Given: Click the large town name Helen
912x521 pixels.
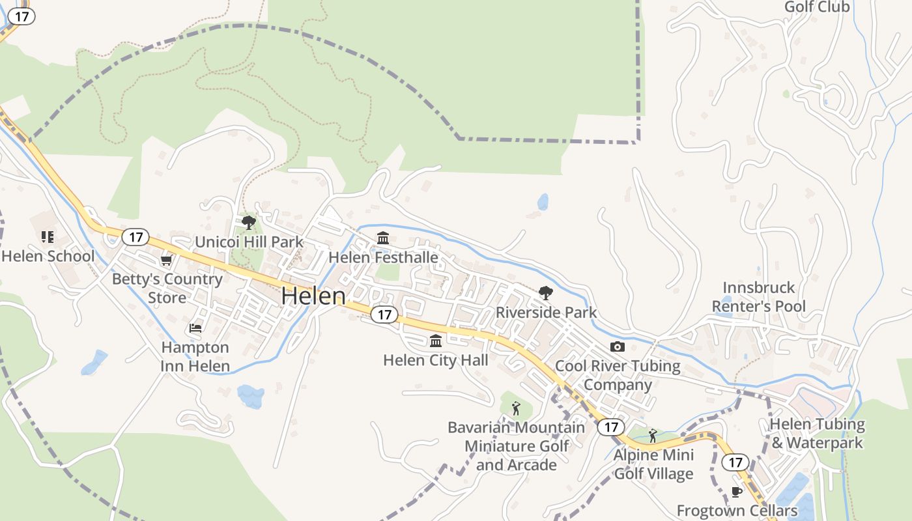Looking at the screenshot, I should click(x=313, y=296).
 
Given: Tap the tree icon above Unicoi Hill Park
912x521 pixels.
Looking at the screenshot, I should click(x=248, y=223).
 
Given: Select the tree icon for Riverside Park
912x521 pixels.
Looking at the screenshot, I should click(x=546, y=293).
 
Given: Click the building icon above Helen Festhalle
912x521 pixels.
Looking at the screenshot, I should click(x=383, y=238).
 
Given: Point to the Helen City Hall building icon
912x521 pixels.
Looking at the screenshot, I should click(x=436, y=341).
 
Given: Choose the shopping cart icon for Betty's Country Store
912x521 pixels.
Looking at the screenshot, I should click(x=167, y=260).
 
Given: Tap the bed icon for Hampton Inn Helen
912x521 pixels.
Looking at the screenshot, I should click(x=195, y=328).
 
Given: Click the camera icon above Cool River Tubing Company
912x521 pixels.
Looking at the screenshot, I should click(x=617, y=346).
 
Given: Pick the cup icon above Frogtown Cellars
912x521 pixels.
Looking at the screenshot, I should click(x=737, y=492).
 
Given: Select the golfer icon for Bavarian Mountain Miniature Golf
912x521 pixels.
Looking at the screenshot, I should click(x=516, y=408).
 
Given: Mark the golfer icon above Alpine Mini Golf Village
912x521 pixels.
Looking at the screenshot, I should click(x=653, y=435).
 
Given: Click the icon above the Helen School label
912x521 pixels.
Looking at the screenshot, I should click(x=47, y=236).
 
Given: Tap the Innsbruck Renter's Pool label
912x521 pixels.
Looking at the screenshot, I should click(x=759, y=297).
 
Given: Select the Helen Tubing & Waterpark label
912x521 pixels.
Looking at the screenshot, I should click(x=817, y=434).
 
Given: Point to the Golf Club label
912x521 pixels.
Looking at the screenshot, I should click(x=817, y=7).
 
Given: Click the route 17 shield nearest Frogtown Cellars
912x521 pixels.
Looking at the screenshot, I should click(x=735, y=462).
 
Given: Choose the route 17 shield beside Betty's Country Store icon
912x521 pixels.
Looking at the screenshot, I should click(x=135, y=236).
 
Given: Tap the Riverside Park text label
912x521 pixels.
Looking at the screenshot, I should click(x=546, y=313).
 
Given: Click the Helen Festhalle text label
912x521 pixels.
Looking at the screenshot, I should click(x=383, y=258).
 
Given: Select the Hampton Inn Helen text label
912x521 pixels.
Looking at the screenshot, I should click(x=195, y=357).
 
